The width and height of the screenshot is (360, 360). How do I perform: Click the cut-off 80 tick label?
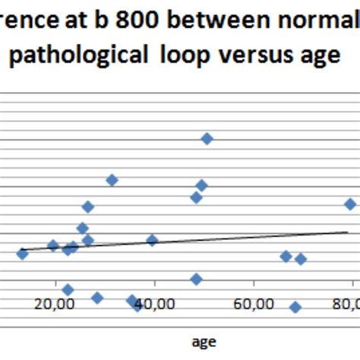(346, 305)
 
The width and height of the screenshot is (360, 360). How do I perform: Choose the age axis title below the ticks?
(203, 343)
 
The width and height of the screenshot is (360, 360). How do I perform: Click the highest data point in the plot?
(207, 138)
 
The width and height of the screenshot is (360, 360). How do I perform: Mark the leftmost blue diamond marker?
(22, 254)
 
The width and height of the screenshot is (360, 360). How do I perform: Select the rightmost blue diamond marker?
(350, 204)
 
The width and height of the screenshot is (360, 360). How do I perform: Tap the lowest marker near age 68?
(295, 307)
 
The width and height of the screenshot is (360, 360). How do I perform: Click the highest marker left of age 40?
(112, 180)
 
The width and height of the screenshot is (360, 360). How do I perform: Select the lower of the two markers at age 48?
(196, 279)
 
